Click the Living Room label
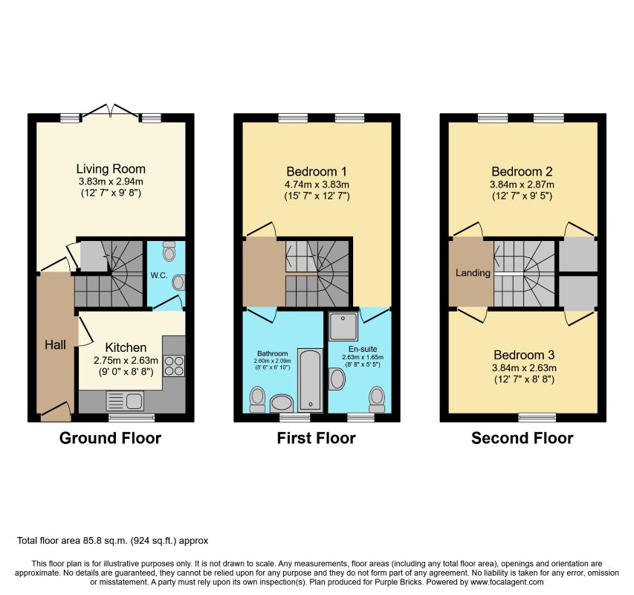(x=111, y=169)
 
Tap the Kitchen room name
(x=126, y=347)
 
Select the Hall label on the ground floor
(x=56, y=345)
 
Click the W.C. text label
(x=159, y=275)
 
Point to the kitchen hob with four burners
(x=174, y=366)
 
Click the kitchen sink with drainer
(x=125, y=401)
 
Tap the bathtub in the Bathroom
(x=311, y=380)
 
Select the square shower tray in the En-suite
(x=343, y=326)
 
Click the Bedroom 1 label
(x=317, y=172)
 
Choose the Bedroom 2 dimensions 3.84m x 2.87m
(x=522, y=185)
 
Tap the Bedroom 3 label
(x=524, y=355)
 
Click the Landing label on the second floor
(x=473, y=273)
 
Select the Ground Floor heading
(x=111, y=438)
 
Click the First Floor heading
(x=316, y=438)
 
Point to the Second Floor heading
(x=522, y=438)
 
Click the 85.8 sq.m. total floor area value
(x=106, y=541)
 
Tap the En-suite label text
(x=363, y=349)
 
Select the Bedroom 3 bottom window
(x=537, y=417)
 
